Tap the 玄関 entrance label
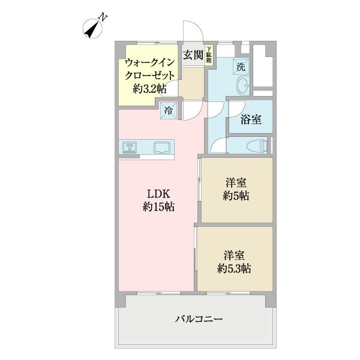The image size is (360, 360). click(191, 55)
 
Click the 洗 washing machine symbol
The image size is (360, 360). click(240, 66)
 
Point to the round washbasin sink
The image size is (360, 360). click(244, 86)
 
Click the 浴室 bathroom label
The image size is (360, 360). click(250, 119)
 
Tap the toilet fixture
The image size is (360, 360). click(254, 145)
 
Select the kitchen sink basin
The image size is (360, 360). click(163, 146)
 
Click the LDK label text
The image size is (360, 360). click(159, 194)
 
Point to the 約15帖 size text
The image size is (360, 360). click(158, 207)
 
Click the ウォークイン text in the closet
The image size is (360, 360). click(149, 62)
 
